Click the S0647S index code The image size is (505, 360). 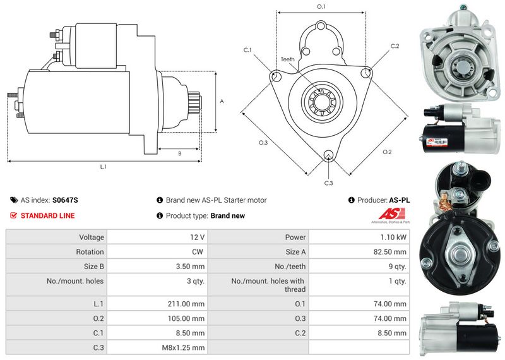(65, 200)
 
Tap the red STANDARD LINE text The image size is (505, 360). (47, 216)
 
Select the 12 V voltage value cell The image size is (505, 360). (197, 237)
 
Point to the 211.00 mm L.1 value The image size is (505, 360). (186, 303)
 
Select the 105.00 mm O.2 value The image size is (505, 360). (186, 318)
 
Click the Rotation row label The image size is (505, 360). (91, 252)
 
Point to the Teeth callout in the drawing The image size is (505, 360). (287, 59)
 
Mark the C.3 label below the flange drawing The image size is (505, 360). (328, 183)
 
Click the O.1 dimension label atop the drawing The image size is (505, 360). (321, 7)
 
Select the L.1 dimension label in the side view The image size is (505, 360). (103, 167)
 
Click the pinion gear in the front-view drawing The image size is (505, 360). (321, 101)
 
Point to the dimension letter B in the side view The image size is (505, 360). (179, 153)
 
